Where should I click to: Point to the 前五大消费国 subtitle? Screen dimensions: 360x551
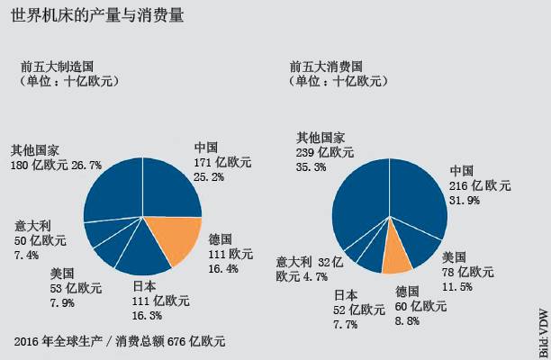[326, 67]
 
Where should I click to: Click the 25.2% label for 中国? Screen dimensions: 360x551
[212, 178]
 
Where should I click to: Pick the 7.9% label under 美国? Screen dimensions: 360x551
[63, 302]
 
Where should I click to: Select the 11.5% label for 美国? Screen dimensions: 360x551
[459, 287]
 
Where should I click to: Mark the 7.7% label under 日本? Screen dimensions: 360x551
[348, 323]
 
